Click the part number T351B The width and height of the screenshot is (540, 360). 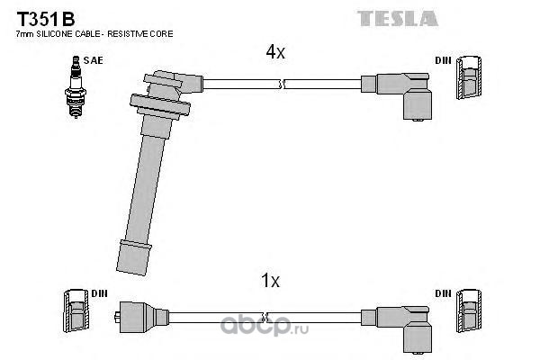click(x=40, y=17)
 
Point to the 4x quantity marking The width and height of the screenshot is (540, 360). click(x=275, y=53)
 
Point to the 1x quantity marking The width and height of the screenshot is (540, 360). click(x=270, y=282)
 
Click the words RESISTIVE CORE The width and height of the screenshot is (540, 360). click(x=143, y=34)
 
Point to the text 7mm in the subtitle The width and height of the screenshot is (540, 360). click(x=25, y=34)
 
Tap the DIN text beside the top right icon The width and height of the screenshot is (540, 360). click(x=442, y=60)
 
